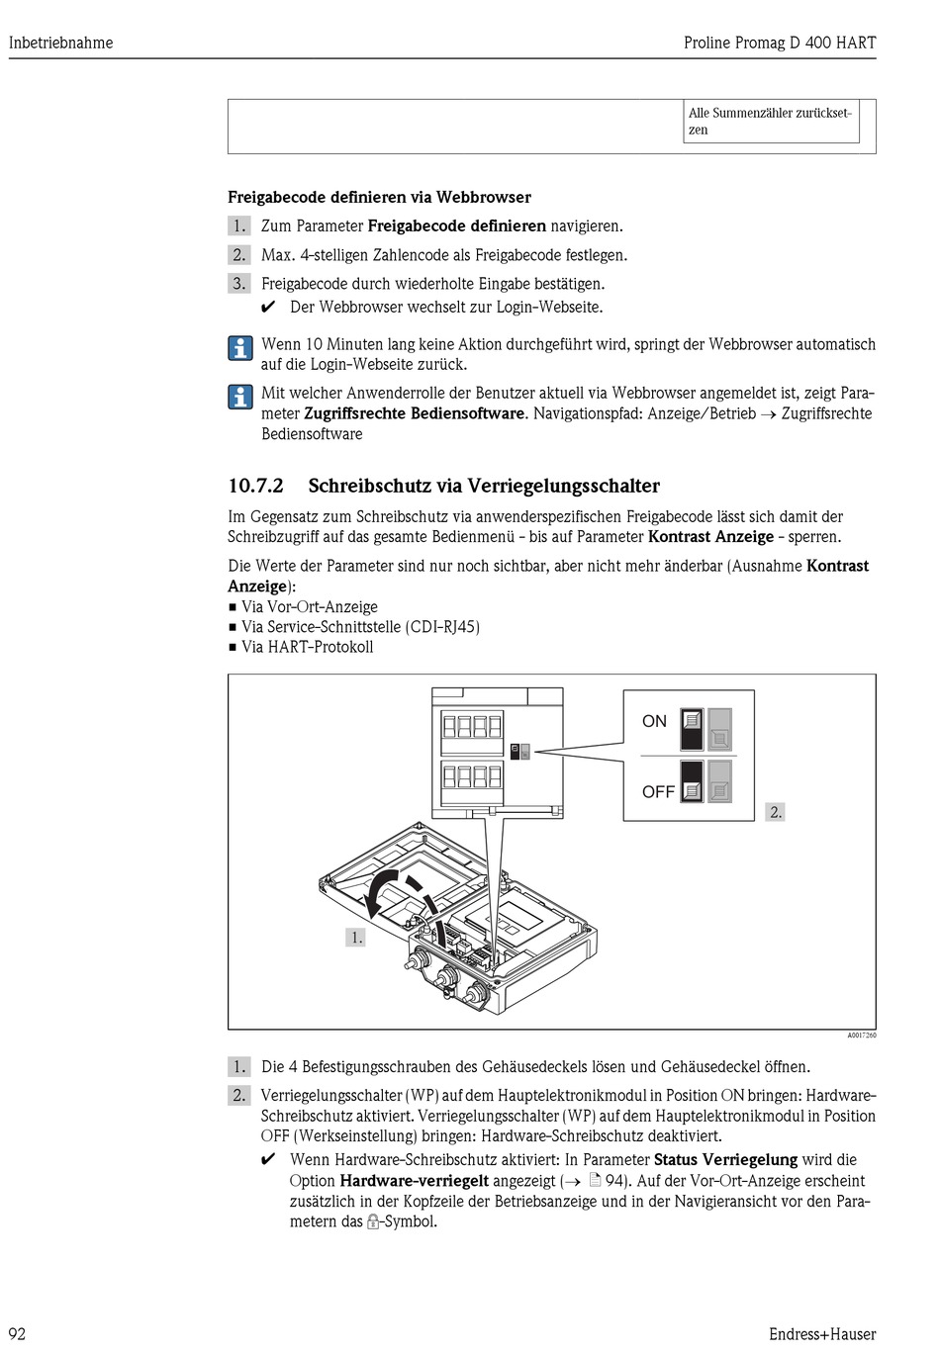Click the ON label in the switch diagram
(x=654, y=721)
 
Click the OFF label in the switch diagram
(x=658, y=791)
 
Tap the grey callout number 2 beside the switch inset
(x=776, y=812)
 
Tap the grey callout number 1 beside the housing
(x=355, y=937)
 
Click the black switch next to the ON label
(x=692, y=729)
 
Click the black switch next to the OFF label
(x=692, y=780)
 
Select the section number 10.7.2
(x=255, y=486)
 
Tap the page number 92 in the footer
(x=18, y=1333)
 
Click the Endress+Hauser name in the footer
(x=821, y=1333)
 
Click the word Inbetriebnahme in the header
(x=60, y=43)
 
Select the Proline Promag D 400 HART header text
(x=779, y=43)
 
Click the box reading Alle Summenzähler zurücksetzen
(x=771, y=122)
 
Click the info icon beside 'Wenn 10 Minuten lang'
(x=240, y=348)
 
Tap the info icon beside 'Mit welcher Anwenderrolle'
(x=240, y=397)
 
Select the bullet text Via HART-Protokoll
(x=307, y=647)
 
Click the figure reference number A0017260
(x=861, y=1036)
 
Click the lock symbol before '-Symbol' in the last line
(x=373, y=1222)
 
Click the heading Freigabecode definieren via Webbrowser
(x=379, y=197)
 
